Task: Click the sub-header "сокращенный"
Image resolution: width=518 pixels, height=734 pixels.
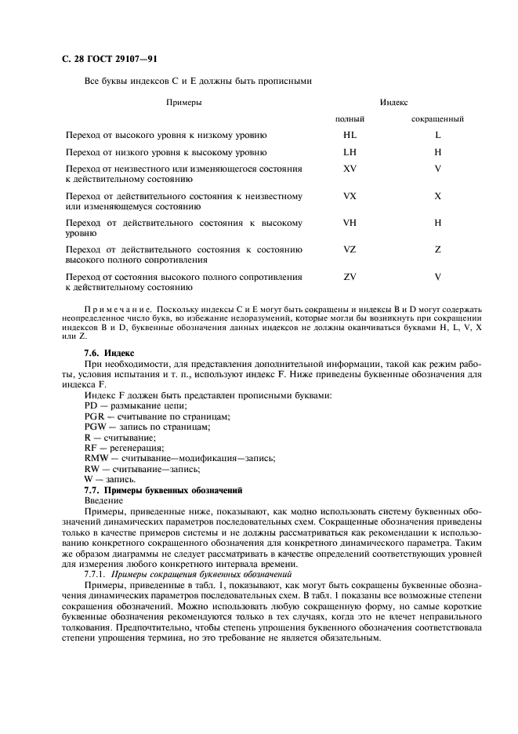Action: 437,119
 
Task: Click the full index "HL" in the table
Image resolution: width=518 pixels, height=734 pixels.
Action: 350,135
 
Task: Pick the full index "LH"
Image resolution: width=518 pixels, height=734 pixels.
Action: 350,152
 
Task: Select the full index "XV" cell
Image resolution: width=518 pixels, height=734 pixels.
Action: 350,169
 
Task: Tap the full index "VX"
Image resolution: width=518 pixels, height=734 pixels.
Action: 350,195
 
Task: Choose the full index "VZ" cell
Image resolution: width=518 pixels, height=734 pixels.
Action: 350,249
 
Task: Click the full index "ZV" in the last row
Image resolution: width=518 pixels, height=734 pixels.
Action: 350,276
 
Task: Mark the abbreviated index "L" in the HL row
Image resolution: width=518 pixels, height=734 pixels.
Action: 438,135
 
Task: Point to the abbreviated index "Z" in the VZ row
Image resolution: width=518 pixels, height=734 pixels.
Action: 438,249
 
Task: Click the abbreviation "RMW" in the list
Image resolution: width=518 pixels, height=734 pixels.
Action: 95,457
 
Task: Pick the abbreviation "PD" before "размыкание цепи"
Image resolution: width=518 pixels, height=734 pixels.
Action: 90,405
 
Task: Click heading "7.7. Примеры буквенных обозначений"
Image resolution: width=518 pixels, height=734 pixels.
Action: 157,489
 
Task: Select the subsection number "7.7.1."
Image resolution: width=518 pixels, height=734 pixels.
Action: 96,573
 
